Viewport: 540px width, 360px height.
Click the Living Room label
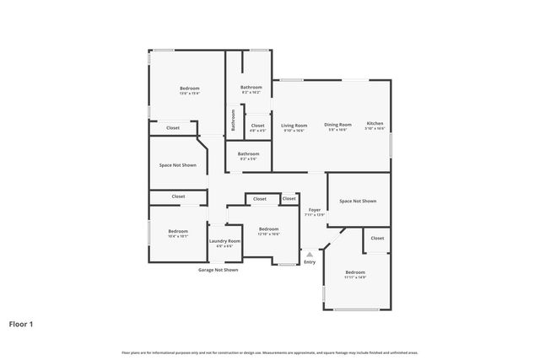click(x=294, y=125)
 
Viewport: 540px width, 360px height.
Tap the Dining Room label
click(x=337, y=125)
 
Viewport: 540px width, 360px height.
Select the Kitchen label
click(x=375, y=125)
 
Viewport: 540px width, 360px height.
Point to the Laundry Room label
click(x=224, y=241)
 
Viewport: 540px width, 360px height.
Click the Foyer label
click(x=314, y=210)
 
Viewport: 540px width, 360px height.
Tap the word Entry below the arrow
click(x=310, y=262)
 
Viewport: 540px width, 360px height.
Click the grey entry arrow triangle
click(x=310, y=253)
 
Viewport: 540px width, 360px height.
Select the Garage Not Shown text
click(x=218, y=270)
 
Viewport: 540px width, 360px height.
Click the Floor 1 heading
click(x=22, y=323)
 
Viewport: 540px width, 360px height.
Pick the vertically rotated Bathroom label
click(x=234, y=121)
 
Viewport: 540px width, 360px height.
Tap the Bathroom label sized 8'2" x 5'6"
click(x=248, y=153)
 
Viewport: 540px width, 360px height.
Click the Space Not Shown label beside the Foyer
click(x=358, y=201)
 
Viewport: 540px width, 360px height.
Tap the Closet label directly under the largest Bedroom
click(x=173, y=127)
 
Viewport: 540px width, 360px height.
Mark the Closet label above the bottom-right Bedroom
click(x=377, y=238)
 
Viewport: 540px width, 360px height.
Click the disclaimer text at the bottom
click(x=270, y=352)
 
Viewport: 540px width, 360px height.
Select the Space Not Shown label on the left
click(x=178, y=164)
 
